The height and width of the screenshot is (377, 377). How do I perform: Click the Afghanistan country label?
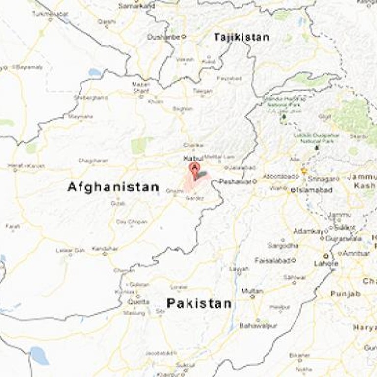[113, 187]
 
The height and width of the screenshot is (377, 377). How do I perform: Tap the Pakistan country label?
[199, 303]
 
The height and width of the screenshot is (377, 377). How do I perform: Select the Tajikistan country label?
[241, 37]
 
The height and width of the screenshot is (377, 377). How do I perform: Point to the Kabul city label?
[192, 158]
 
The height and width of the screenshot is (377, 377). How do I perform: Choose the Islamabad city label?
[313, 190]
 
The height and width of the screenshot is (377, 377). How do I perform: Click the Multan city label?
[252, 291]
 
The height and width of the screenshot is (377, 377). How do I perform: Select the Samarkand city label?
[137, 6]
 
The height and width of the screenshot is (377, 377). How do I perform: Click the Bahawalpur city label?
[258, 326]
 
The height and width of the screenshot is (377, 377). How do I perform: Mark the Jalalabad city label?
[240, 167]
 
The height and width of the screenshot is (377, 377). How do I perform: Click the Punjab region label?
[345, 294]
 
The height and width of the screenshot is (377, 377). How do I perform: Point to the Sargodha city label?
[283, 245]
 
